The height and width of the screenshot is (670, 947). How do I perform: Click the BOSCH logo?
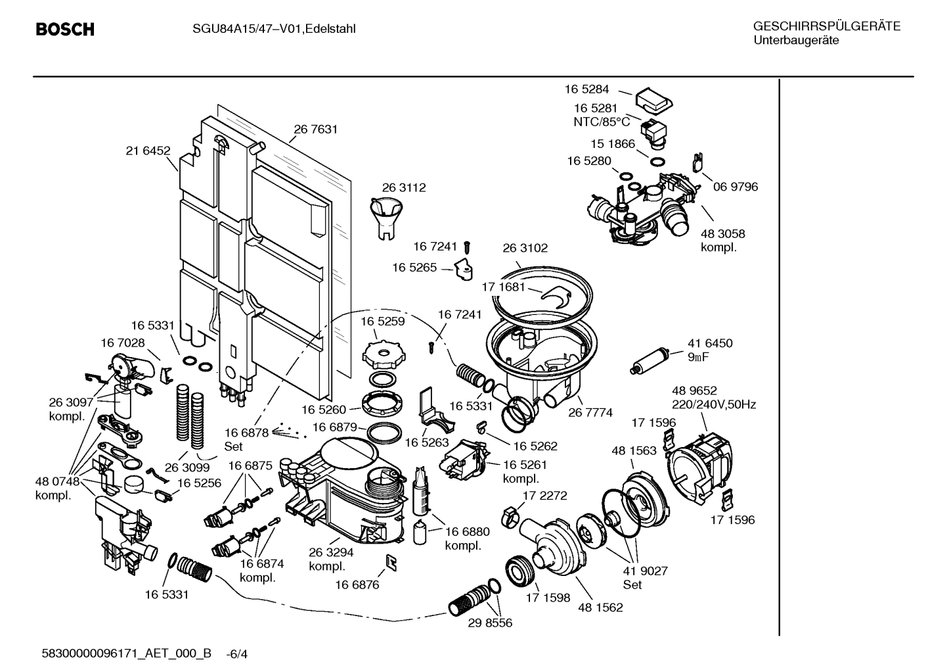[64, 30]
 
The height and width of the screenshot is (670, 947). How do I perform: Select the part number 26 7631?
[315, 130]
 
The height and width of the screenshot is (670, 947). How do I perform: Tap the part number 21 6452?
[148, 151]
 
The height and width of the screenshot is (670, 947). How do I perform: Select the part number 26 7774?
[590, 413]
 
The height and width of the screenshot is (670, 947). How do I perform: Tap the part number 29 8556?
[490, 622]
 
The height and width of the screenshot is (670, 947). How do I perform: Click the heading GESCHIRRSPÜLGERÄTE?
[826, 27]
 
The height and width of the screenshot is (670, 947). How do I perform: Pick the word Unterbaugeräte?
[795, 40]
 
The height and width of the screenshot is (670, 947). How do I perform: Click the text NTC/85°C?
[602, 122]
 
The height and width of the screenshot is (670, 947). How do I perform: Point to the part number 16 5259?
[383, 322]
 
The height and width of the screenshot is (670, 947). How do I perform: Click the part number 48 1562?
[600, 608]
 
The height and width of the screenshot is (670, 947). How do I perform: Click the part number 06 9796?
[736, 187]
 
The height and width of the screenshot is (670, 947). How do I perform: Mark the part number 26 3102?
[525, 248]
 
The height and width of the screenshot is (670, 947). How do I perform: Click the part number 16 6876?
[357, 585]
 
